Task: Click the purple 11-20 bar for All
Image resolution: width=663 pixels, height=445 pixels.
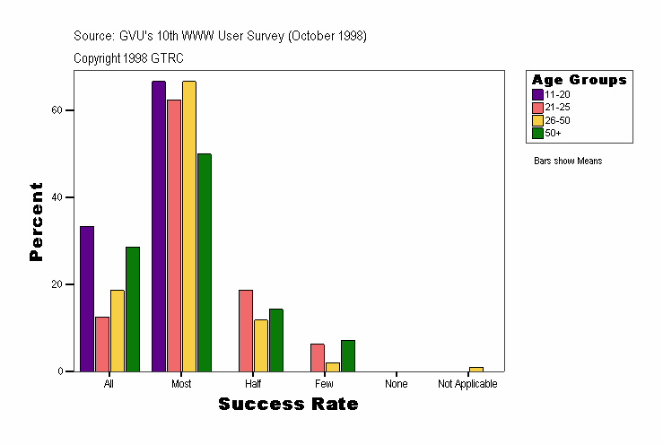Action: [x=87, y=299]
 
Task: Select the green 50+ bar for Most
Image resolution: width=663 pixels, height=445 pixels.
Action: [x=205, y=262]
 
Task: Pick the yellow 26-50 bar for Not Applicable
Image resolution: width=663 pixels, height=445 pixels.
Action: [x=476, y=369]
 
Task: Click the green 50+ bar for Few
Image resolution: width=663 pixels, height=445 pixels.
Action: [x=348, y=355]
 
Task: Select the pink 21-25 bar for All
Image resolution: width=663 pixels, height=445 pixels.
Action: [x=102, y=344]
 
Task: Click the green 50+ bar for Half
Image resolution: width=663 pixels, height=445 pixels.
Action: [x=276, y=340]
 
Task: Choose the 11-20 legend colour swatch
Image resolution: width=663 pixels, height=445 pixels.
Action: [x=537, y=94]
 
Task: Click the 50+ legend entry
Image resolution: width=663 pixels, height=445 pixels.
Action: [x=553, y=133]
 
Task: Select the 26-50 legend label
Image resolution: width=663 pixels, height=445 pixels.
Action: [x=557, y=119]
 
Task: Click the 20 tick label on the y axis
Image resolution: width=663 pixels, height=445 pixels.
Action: [x=57, y=284]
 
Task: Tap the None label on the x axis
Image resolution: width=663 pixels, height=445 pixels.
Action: [x=397, y=384]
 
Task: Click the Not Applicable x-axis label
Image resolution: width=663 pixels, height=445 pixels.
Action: [x=467, y=384]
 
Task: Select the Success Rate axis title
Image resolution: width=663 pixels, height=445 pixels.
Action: [x=288, y=405]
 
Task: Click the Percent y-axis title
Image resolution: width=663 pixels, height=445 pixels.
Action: [x=36, y=222]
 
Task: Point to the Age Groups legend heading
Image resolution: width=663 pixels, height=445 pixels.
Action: [x=580, y=80]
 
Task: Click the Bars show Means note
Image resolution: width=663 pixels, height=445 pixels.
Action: [x=568, y=161]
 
